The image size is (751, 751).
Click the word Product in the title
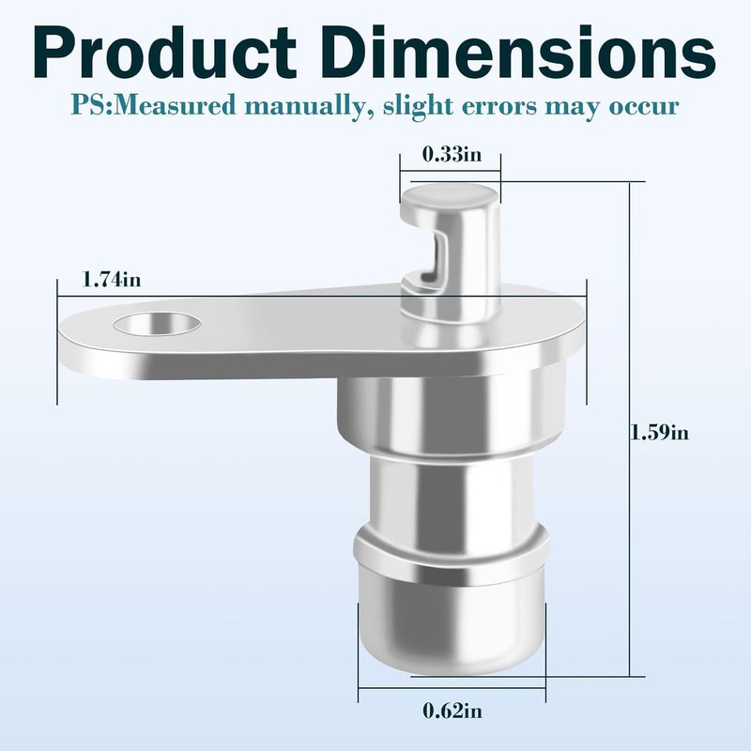click(165, 53)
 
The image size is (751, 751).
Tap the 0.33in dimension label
click(452, 155)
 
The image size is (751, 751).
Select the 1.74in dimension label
click(112, 279)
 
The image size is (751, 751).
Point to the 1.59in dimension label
click(660, 433)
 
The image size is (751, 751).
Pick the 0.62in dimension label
click(452, 711)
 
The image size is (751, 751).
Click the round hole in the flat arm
click(157, 324)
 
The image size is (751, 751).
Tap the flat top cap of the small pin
click(450, 197)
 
